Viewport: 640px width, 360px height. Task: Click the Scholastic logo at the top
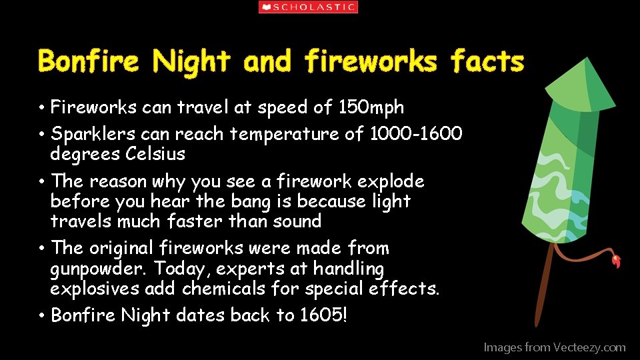308,7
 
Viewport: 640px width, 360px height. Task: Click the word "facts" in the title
487,61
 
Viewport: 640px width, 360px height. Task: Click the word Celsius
155,154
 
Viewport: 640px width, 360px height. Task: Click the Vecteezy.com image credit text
554,347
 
